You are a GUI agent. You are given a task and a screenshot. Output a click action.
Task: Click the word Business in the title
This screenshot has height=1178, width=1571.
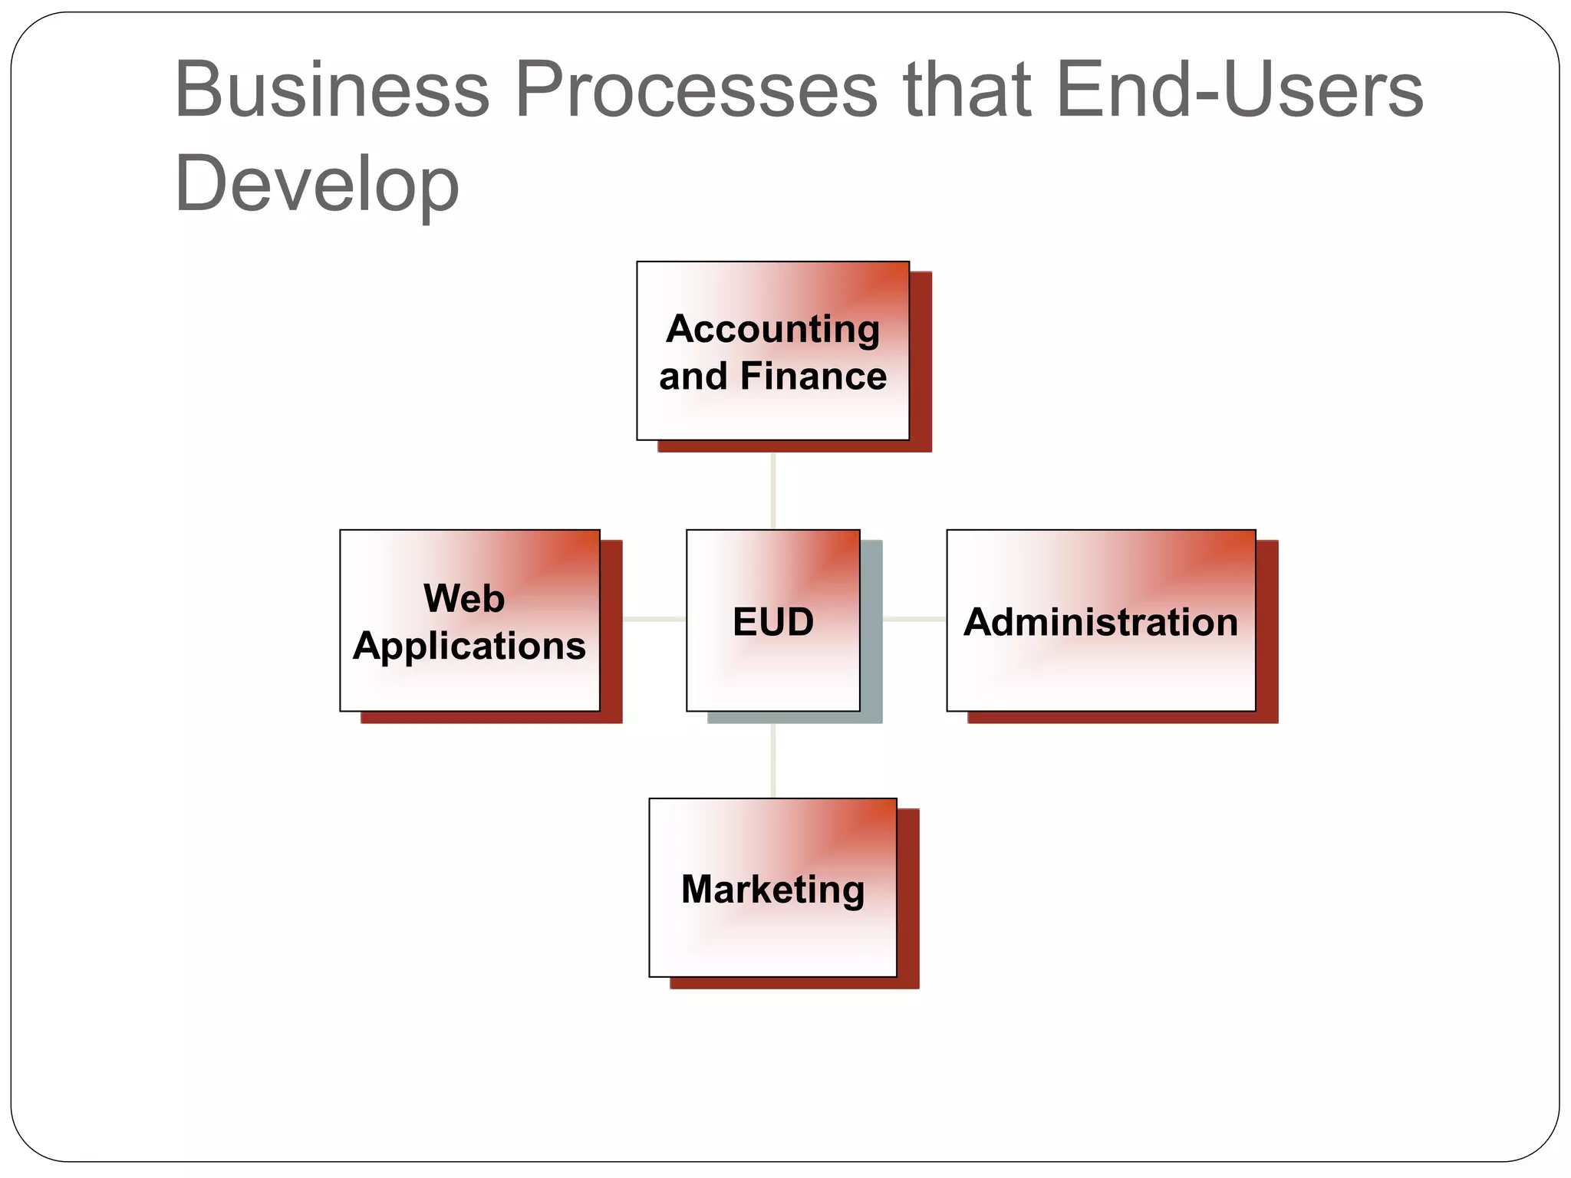(331, 90)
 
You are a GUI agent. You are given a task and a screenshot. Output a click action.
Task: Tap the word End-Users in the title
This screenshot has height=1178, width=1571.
(1239, 90)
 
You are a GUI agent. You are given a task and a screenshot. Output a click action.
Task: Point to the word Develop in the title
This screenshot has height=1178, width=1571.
(316, 185)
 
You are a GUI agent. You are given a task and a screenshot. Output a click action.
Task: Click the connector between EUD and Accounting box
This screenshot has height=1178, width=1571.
(773, 491)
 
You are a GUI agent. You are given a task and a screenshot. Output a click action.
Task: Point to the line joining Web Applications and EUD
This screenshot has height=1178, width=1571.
(654, 619)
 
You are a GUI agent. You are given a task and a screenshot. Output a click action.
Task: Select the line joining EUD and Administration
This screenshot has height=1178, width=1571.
(914, 619)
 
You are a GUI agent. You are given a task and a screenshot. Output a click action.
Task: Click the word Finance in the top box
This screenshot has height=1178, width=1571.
(813, 377)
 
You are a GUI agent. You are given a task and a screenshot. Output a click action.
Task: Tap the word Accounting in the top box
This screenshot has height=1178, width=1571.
(772, 329)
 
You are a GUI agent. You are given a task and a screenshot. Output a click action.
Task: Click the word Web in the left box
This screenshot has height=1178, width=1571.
(464, 598)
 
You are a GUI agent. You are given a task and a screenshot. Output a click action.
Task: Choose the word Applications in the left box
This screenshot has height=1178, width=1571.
(469, 646)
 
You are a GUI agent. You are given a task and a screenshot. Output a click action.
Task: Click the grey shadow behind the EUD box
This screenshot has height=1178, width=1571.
(872, 629)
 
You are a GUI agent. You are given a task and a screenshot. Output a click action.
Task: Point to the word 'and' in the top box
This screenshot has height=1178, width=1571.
(693, 377)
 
